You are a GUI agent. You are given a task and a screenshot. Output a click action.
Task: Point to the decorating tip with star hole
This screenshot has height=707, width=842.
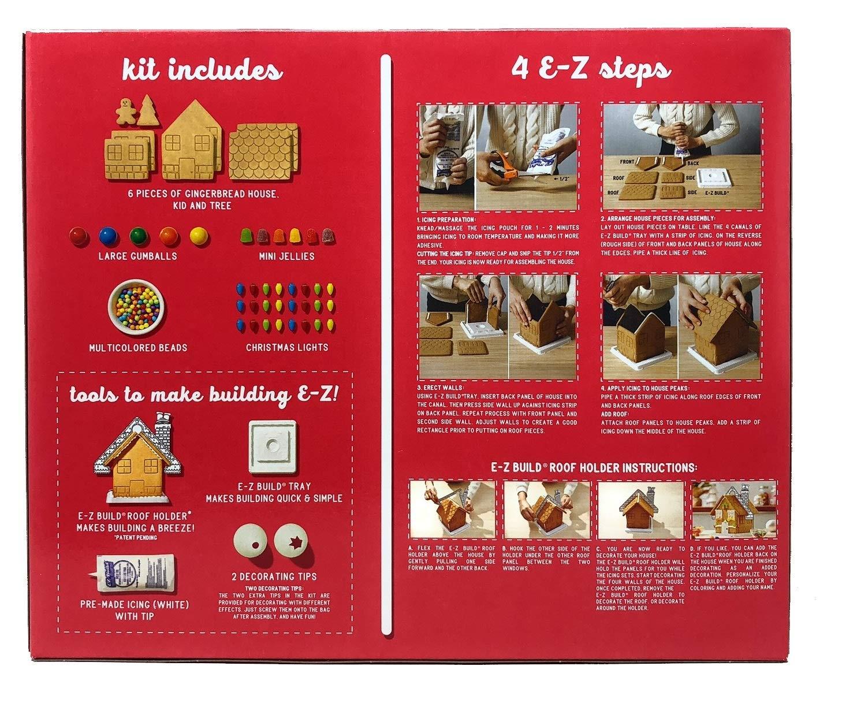click(291, 544)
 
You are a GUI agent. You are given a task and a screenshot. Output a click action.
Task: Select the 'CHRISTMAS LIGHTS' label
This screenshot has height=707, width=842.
click(286, 347)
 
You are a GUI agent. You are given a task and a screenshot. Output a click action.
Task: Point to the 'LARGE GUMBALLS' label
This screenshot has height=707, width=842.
click(137, 255)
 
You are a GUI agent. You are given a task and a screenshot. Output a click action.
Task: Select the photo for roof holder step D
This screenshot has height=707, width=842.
click(734, 509)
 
